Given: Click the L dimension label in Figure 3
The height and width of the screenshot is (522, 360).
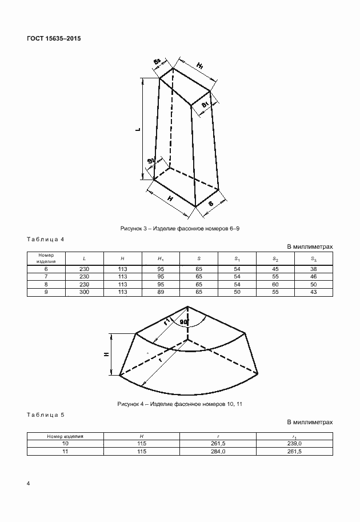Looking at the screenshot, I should [x=138, y=130].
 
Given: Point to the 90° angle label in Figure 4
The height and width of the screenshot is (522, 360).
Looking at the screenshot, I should [x=183, y=322].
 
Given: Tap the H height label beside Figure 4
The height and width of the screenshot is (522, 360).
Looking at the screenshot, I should [x=106, y=354].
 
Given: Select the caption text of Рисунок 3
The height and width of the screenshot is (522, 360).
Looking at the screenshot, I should [x=180, y=228].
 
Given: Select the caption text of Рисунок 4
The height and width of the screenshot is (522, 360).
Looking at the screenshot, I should [x=180, y=404].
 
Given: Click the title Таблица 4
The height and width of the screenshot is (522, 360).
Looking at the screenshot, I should [x=46, y=240].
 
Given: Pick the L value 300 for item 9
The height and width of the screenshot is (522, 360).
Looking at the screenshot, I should [x=85, y=292].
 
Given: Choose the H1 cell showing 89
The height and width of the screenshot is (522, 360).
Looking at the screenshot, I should [x=161, y=292].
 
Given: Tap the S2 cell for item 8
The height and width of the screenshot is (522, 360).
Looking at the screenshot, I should [x=275, y=284].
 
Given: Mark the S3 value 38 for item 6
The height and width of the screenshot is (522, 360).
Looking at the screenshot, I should [x=314, y=268].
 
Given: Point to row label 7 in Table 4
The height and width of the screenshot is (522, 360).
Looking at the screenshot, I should [x=46, y=276].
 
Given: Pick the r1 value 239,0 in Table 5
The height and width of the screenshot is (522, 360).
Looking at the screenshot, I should [x=294, y=444].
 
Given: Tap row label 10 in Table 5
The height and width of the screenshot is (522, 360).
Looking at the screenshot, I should [x=65, y=444].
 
